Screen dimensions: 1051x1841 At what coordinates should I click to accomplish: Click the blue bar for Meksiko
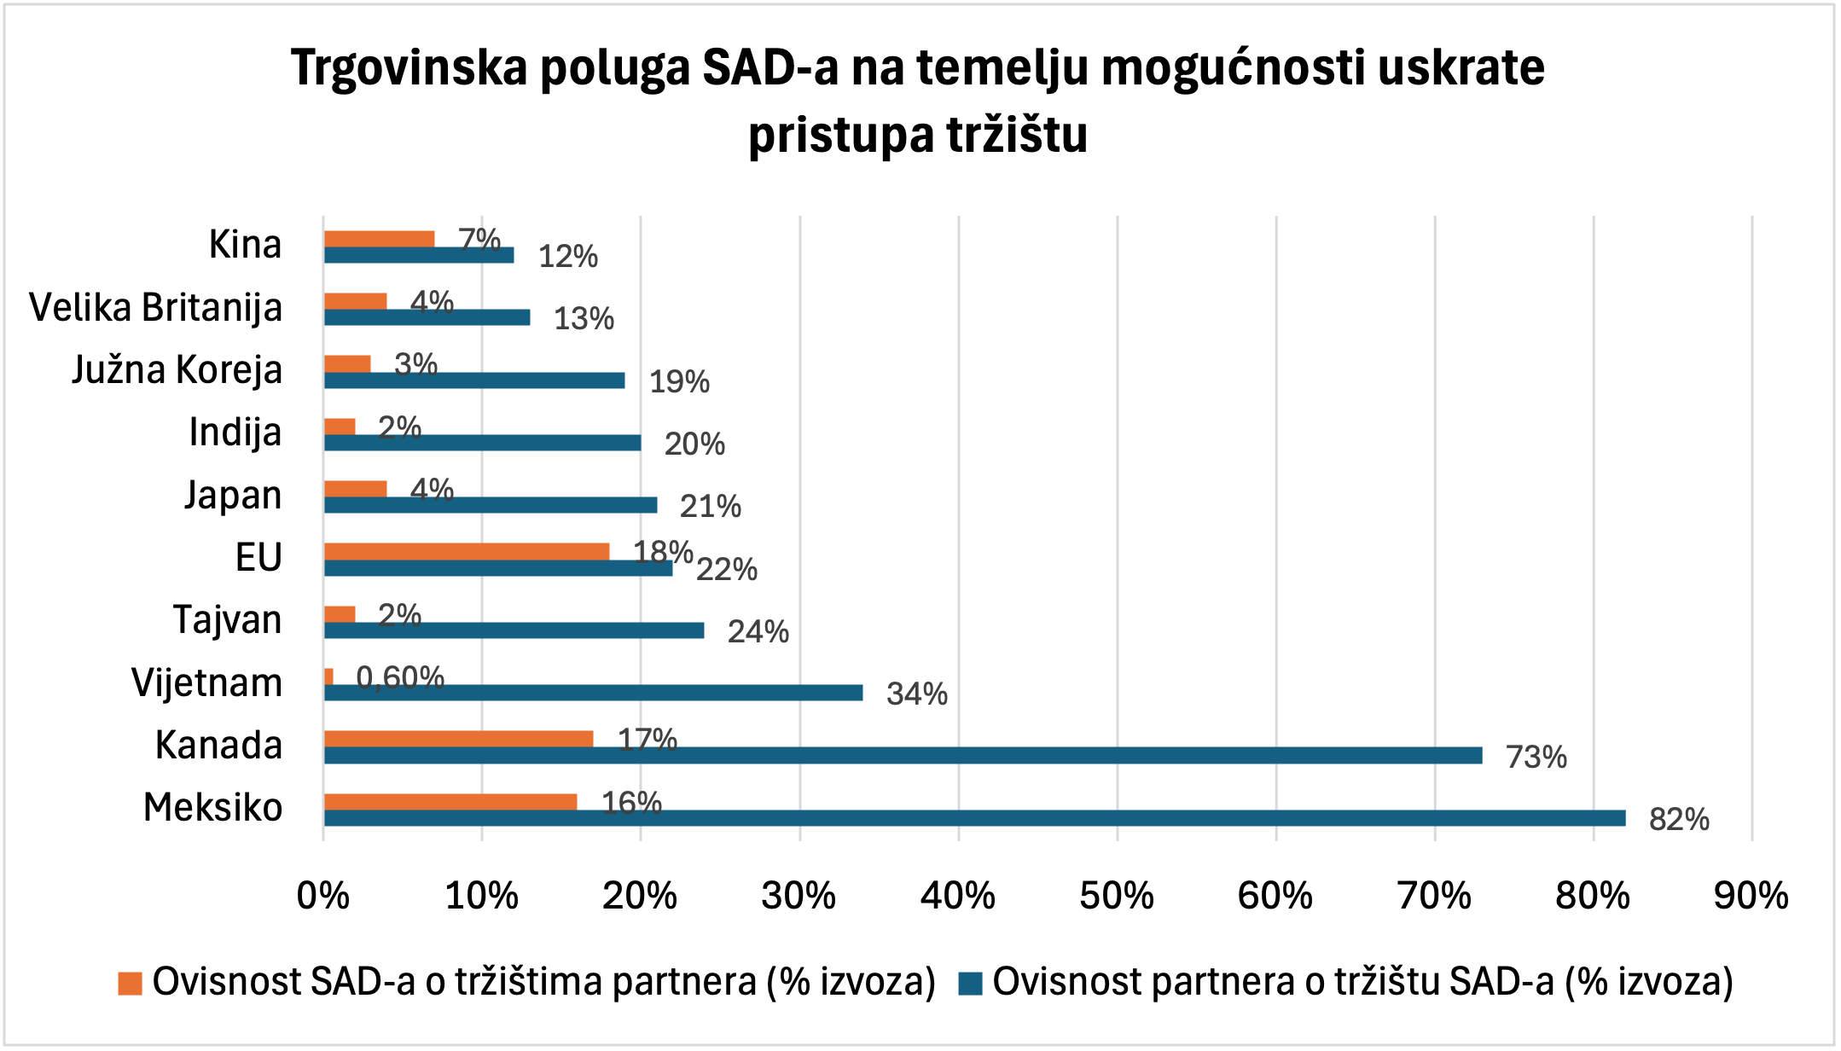tap(974, 818)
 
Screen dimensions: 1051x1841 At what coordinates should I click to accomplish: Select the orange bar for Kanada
tap(458, 739)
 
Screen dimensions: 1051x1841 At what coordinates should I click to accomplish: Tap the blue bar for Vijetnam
tap(593, 693)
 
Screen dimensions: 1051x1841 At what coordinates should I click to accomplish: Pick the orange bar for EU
tap(467, 551)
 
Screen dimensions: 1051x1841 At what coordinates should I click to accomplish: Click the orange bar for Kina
tap(379, 239)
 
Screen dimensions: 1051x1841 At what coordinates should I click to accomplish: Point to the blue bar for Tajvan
tap(514, 630)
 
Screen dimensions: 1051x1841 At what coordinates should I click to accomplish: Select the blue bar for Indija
tap(482, 443)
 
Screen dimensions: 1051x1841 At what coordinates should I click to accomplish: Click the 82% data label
tap(1679, 820)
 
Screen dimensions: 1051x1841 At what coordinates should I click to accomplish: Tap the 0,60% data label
tap(400, 678)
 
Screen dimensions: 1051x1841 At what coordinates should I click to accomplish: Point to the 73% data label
tap(1536, 758)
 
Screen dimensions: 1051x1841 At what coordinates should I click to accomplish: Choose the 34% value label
tap(917, 694)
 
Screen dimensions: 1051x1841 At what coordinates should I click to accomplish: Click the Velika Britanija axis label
tap(155, 308)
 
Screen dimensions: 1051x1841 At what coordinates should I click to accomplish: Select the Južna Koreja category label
tap(177, 370)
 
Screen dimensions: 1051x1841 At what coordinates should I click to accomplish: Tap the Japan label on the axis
tap(233, 496)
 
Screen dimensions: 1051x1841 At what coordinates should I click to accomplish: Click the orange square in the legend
tap(130, 984)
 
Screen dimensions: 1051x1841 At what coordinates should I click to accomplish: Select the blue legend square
tap(970, 984)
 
